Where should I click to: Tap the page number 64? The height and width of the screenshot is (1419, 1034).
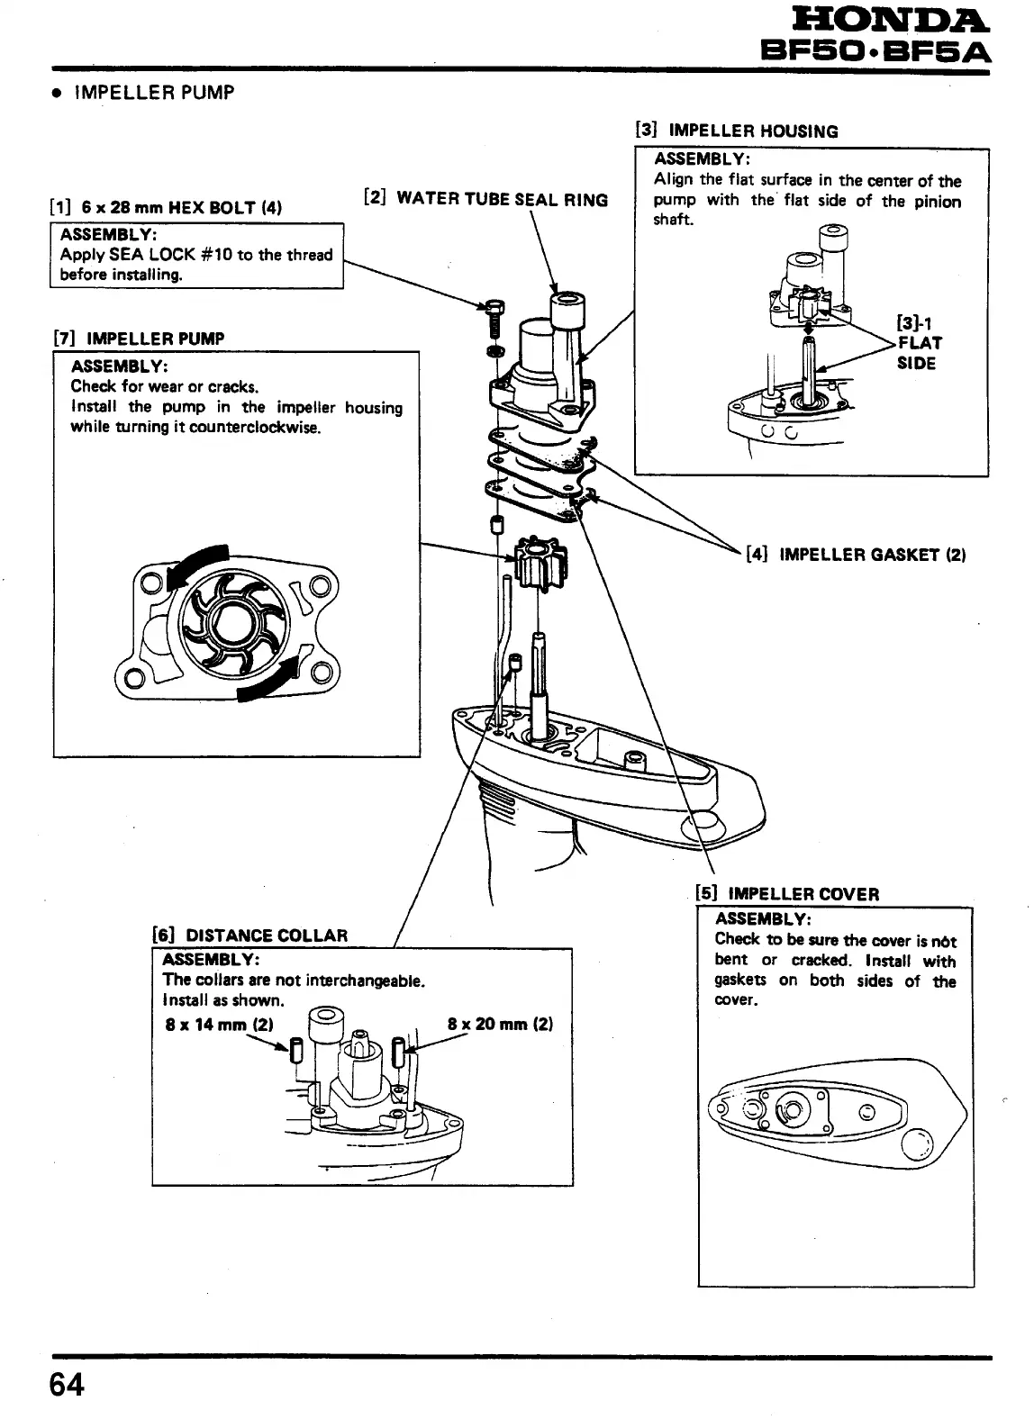point(67,1384)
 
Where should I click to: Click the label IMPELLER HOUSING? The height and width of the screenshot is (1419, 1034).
point(753,131)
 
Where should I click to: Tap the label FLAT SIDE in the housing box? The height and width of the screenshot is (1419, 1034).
point(917,353)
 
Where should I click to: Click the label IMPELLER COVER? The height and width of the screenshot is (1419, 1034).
point(803,894)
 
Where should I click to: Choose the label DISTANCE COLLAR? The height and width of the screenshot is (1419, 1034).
point(266,935)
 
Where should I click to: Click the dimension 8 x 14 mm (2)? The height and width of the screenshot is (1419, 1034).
point(219,1025)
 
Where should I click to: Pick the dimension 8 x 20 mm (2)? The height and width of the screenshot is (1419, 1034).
point(500,1025)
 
